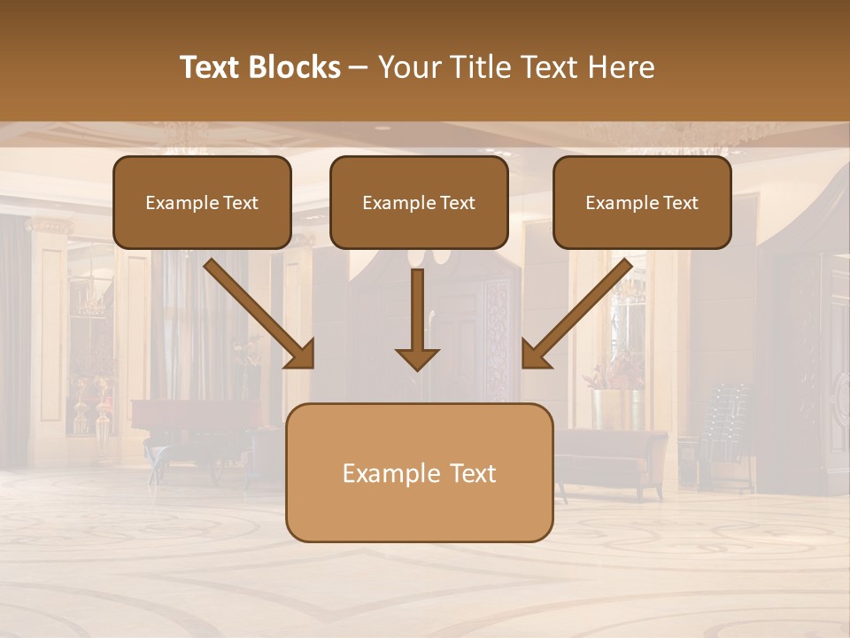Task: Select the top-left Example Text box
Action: tap(202, 202)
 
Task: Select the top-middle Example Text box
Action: tap(419, 202)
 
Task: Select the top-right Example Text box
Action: tap(642, 202)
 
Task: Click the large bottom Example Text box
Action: tap(419, 472)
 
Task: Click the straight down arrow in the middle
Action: tap(417, 319)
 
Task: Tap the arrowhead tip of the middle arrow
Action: tap(417, 367)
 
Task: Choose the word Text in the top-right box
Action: tap(680, 203)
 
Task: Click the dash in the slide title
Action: tap(359, 67)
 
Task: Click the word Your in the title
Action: tap(408, 67)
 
